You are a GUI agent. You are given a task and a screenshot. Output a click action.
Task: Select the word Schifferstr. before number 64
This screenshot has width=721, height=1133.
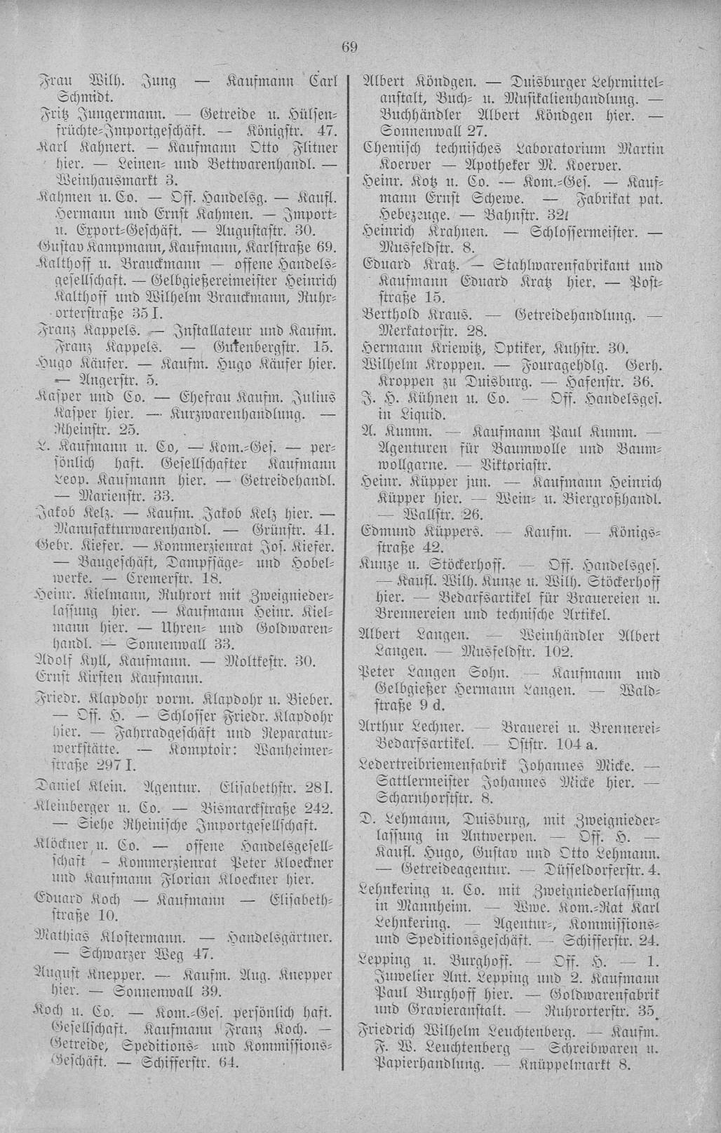pyautogui.click(x=189, y=1062)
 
